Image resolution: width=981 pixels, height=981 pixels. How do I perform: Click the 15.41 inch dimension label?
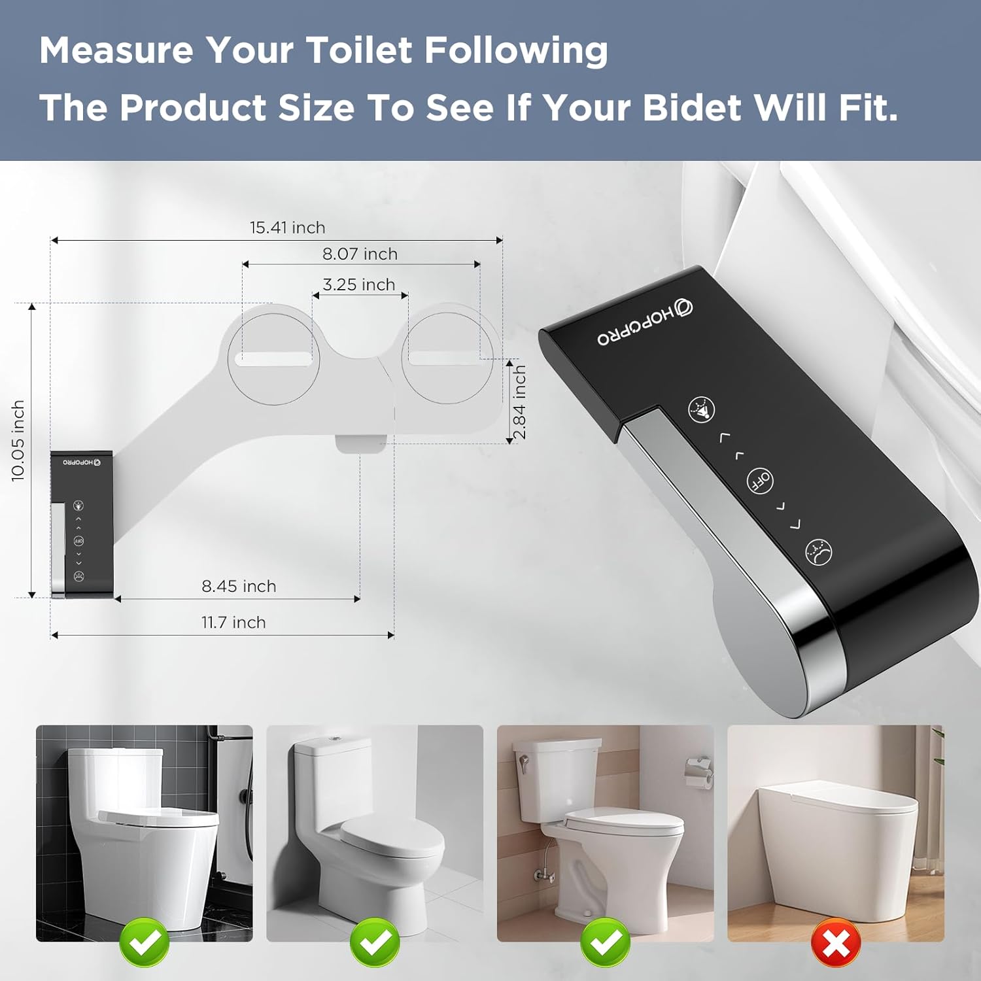(x=287, y=228)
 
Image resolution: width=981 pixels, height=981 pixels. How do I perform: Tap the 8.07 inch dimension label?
(x=360, y=254)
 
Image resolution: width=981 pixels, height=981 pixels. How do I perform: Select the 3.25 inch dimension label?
(x=358, y=284)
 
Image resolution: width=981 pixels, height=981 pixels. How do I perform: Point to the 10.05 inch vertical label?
(x=18, y=441)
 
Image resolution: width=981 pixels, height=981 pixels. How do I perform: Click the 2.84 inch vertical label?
(x=519, y=402)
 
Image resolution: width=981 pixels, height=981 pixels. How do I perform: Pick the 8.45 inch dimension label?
(x=239, y=586)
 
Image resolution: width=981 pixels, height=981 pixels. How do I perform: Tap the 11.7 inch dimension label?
(x=233, y=622)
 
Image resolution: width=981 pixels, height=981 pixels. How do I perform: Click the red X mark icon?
(x=835, y=942)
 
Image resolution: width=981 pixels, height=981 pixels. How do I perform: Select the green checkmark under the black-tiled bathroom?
(x=145, y=942)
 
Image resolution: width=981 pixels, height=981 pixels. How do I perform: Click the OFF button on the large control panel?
(x=760, y=481)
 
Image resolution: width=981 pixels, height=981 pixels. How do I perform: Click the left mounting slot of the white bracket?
(x=273, y=358)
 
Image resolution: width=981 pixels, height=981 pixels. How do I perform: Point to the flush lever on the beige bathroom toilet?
(x=523, y=763)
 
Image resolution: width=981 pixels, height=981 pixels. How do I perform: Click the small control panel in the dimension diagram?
(x=81, y=523)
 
